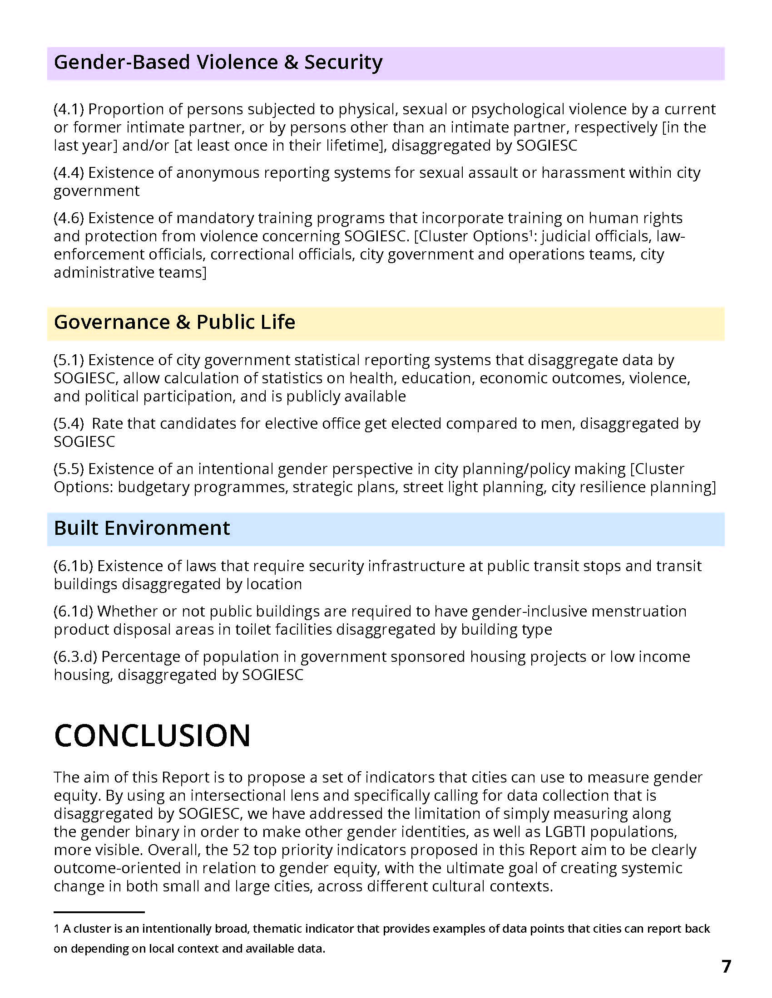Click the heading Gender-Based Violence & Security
218,63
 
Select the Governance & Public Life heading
174,323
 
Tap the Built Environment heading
142,528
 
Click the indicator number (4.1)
69,110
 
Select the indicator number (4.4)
69,173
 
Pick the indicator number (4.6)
69,219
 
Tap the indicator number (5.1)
69,361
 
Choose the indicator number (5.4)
69,424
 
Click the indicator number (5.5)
69,470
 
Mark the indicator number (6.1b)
73,567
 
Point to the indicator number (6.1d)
73,612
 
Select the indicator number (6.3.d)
75,657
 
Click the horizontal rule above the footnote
99,912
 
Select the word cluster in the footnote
88,929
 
